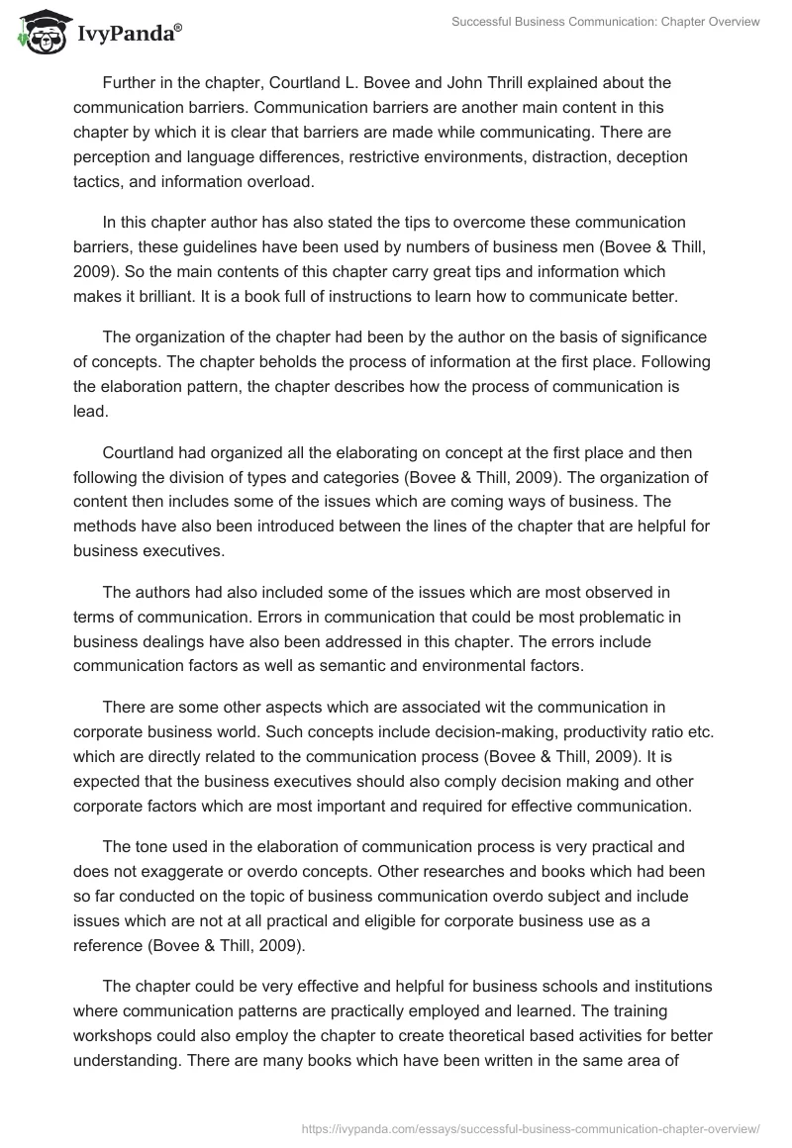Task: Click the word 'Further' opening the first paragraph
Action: point(131,82)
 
